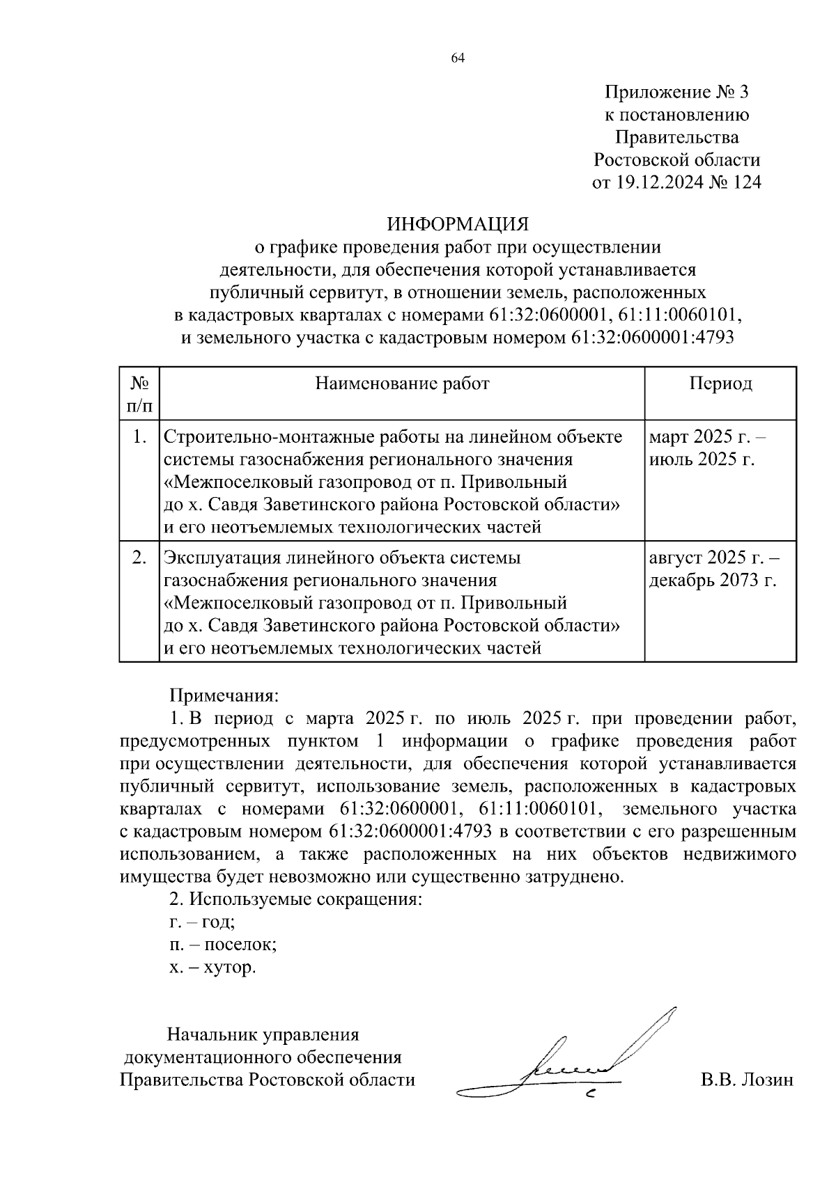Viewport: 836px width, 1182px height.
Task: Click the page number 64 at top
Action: pos(458,58)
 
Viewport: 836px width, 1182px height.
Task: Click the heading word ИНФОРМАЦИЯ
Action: pos(458,224)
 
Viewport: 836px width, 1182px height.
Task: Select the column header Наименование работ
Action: pos(402,384)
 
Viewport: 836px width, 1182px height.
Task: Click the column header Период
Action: pos(720,384)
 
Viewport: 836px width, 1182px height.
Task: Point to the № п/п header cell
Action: pos(140,393)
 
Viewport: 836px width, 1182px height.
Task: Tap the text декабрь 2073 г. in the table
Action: pos(712,581)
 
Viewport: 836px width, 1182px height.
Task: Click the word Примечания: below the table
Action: pos(224,695)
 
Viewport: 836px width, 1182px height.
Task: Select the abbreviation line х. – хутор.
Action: pos(212,968)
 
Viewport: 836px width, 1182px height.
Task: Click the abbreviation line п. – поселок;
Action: pos(223,945)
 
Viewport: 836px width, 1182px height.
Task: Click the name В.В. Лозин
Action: pos(747,1080)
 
